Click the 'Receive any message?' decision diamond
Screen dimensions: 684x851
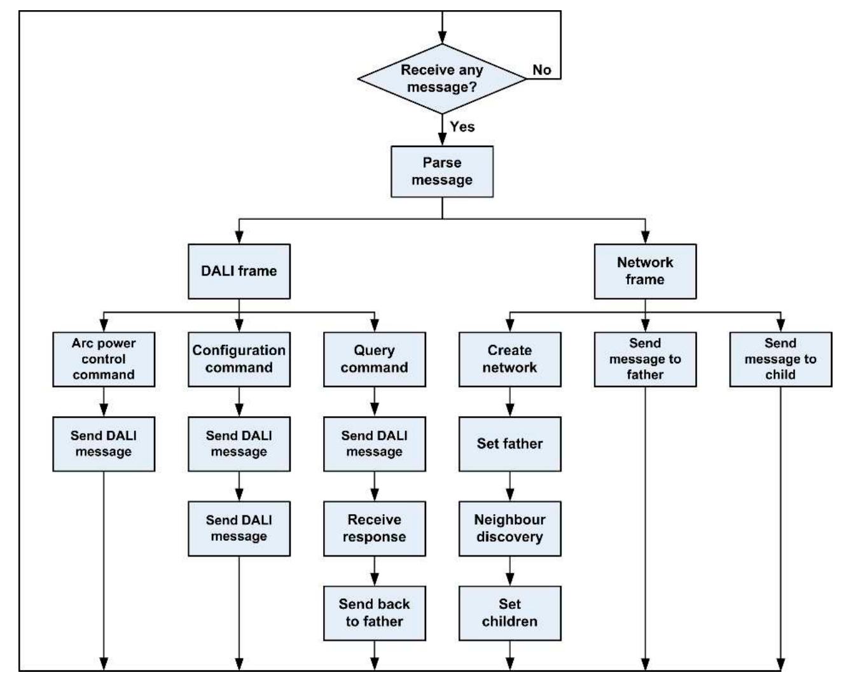442,79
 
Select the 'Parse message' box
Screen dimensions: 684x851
442,171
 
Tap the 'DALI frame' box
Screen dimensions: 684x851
239,271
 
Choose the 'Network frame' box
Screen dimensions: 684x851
645,271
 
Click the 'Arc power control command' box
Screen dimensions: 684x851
104,359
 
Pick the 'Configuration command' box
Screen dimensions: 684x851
239,359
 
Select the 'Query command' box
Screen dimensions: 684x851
374,359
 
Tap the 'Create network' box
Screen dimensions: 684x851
509,359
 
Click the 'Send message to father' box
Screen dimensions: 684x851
645,359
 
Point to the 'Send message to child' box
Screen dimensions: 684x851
780,359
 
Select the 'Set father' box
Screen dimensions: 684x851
509,443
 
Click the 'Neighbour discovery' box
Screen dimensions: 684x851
509,528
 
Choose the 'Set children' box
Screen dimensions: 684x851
509,613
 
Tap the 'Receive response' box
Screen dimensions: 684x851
374,528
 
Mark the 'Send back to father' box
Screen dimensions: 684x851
374,613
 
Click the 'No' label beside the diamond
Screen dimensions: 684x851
542,69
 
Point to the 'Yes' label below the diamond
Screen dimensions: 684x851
462,127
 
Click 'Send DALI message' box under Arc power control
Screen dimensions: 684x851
104,443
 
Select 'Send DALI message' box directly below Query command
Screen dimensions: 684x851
374,443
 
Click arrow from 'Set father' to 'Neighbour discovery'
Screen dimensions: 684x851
509,486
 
